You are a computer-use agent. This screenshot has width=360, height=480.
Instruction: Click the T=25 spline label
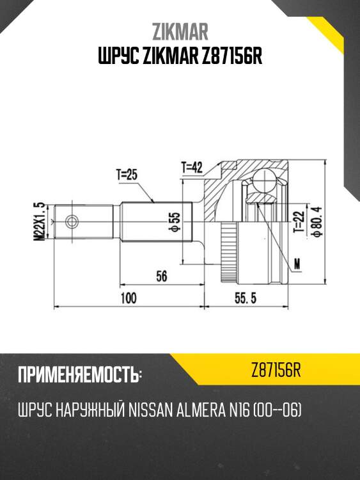pos(127,174)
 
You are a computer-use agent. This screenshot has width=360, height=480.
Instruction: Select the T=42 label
pos(191,168)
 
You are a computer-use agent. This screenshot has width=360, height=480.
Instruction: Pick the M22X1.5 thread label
pos(40,221)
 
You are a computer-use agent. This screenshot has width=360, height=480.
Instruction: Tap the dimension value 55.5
pos(242,299)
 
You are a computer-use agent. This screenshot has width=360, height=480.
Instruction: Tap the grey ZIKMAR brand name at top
pos(180,32)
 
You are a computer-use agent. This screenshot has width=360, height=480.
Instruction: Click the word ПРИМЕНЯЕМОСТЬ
pos(79,375)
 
